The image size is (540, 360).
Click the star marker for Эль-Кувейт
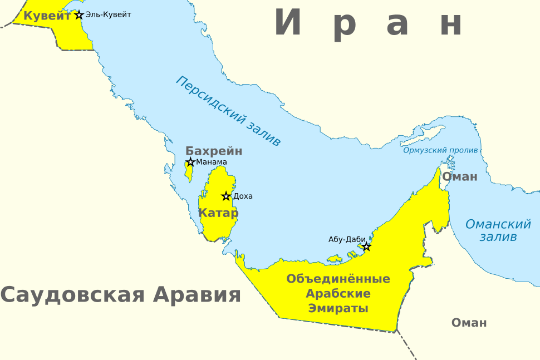pyautogui.click(x=79, y=15)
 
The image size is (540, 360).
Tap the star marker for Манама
pyautogui.click(x=190, y=162)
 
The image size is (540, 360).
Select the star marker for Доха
pyautogui.click(x=226, y=196)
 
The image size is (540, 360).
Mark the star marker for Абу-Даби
pyautogui.click(x=366, y=246)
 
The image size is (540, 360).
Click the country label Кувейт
pyautogui.click(x=47, y=16)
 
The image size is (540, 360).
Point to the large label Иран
pyautogui.click(x=369, y=23)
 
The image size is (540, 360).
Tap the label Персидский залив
pyautogui.click(x=228, y=111)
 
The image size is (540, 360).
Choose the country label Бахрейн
pyautogui.click(x=214, y=151)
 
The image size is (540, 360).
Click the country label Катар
pyautogui.click(x=218, y=213)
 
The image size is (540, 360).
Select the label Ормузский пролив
pyautogui.click(x=440, y=150)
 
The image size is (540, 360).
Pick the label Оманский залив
pyautogui.click(x=498, y=230)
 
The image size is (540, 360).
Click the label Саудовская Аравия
pyautogui.click(x=121, y=294)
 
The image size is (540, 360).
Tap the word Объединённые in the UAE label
pyautogui.click(x=338, y=278)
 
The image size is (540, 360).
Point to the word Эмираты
pyautogui.click(x=338, y=308)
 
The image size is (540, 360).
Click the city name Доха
pyautogui.click(x=243, y=196)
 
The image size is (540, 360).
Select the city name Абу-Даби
pyautogui.click(x=347, y=239)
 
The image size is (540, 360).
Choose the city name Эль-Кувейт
pyautogui.click(x=109, y=14)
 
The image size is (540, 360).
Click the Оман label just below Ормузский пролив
pyautogui.click(x=460, y=177)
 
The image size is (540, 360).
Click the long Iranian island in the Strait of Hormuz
pyautogui.click(x=431, y=134)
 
